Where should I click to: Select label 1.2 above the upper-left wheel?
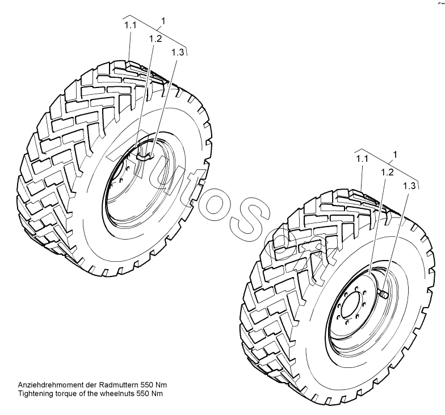[156, 39]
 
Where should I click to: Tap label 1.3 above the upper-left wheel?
[177, 52]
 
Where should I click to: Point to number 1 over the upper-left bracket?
[163, 21]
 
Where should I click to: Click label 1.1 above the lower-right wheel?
[363, 160]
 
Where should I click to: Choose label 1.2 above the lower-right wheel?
[387, 171]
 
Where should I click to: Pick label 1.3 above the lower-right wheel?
[410, 186]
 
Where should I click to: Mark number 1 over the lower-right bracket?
[394, 154]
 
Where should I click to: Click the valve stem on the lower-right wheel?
[384, 294]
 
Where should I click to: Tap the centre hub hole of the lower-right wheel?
[352, 307]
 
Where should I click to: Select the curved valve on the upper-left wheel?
[145, 153]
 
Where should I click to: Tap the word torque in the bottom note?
[67, 393]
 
